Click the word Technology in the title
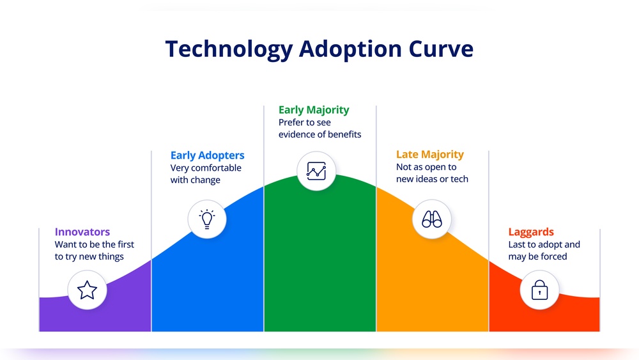[x=229, y=50]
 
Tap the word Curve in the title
[x=441, y=49]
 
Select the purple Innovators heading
[x=82, y=231]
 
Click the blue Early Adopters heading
[x=208, y=155]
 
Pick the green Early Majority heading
[x=314, y=110]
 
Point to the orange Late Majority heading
[x=430, y=155]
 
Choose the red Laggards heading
[x=531, y=232]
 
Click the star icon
[x=87, y=290]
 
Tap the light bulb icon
[x=207, y=219]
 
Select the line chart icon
[x=317, y=171]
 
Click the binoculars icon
[x=432, y=219]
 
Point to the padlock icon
[x=539, y=290]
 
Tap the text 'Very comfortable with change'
[x=206, y=174]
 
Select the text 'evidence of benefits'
[x=320, y=134]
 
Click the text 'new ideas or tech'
[x=432, y=179]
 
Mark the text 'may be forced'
[x=537, y=256]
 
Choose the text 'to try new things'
[x=89, y=256]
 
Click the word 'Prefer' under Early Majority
[x=289, y=122]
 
